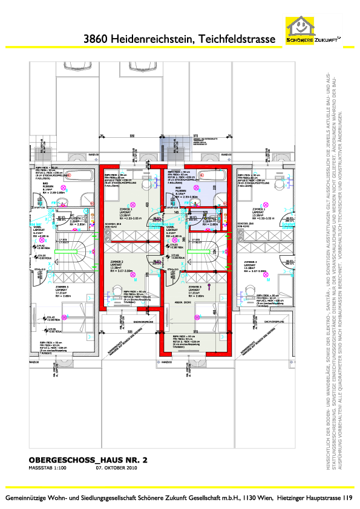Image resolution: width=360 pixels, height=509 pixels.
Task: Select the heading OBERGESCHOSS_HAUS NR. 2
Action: pos(88,459)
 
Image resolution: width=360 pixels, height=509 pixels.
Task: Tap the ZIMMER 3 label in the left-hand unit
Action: pos(62,287)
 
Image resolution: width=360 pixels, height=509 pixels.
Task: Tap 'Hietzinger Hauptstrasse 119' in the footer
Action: pos(314,498)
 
